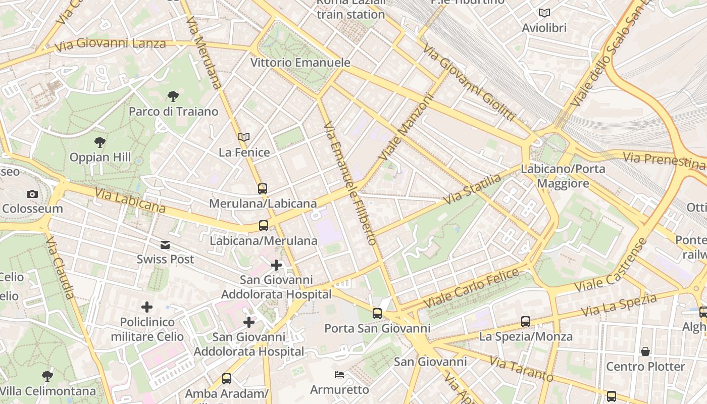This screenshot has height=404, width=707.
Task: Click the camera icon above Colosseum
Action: [x=32, y=194]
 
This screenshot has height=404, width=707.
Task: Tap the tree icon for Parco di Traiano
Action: [x=173, y=96]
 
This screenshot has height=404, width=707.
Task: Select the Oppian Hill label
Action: [x=100, y=157]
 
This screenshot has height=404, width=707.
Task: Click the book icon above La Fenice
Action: [x=244, y=137]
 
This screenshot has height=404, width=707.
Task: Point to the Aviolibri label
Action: [x=544, y=28]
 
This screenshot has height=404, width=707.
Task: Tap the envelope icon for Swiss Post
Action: [x=165, y=245]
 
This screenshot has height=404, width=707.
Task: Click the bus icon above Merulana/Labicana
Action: [x=263, y=189]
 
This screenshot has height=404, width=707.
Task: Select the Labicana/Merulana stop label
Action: [x=263, y=240]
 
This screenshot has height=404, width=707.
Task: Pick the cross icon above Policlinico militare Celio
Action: [x=147, y=307]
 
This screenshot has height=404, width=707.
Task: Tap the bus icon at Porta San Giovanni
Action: [x=377, y=314]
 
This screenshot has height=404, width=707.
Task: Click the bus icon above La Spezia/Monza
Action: [x=526, y=322]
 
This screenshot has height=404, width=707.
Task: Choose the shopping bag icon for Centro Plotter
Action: [x=645, y=351]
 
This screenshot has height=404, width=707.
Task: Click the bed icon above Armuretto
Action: [x=339, y=375]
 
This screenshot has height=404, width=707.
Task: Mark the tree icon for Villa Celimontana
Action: [x=47, y=376]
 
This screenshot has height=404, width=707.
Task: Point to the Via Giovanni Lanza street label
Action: [x=110, y=44]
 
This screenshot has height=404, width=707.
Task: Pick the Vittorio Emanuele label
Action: [x=300, y=63]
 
